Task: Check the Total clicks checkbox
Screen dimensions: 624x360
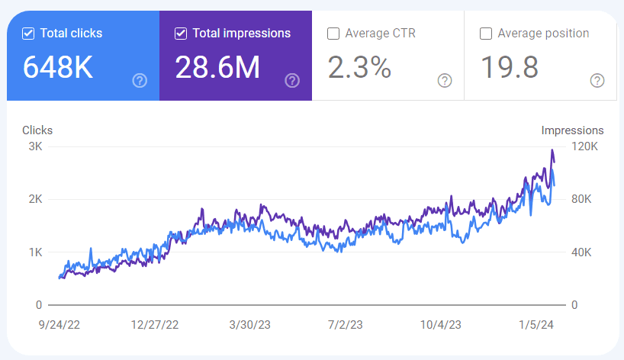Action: [x=28, y=34]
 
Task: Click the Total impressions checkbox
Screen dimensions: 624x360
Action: [x=181, y=34]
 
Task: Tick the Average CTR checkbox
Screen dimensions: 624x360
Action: [x=333, y=34]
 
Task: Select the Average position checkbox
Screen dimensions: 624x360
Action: [x=485, y=34]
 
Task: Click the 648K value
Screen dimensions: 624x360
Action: [x=58, y=67]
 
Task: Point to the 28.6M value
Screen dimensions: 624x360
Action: [x=217, y=67]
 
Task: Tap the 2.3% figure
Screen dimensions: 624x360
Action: [x=359, y=67]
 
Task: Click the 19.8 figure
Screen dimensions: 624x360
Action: [x=510, y=67]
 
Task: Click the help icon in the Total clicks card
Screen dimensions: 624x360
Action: [x=140, y=81]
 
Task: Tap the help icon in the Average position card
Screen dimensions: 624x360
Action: [x=597, y=81]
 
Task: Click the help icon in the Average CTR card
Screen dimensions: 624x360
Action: [x=445, y=81]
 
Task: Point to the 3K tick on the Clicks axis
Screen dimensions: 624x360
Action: [x=35, y=146]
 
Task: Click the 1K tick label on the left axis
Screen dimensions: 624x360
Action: [x=35, y=252]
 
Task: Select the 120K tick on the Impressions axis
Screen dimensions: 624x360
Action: [x=584, y=146]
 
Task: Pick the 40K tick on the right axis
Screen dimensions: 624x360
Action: [x=581, y=252]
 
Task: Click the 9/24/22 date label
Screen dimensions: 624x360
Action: [x=60, y=325]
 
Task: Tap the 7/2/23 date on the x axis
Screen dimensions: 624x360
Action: [x=346, y=325]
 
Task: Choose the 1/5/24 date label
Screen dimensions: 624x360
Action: [x=536, y=325]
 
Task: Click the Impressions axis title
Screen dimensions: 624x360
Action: [x=572, y=130]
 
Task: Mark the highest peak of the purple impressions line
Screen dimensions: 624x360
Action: [x=552, y=150]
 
